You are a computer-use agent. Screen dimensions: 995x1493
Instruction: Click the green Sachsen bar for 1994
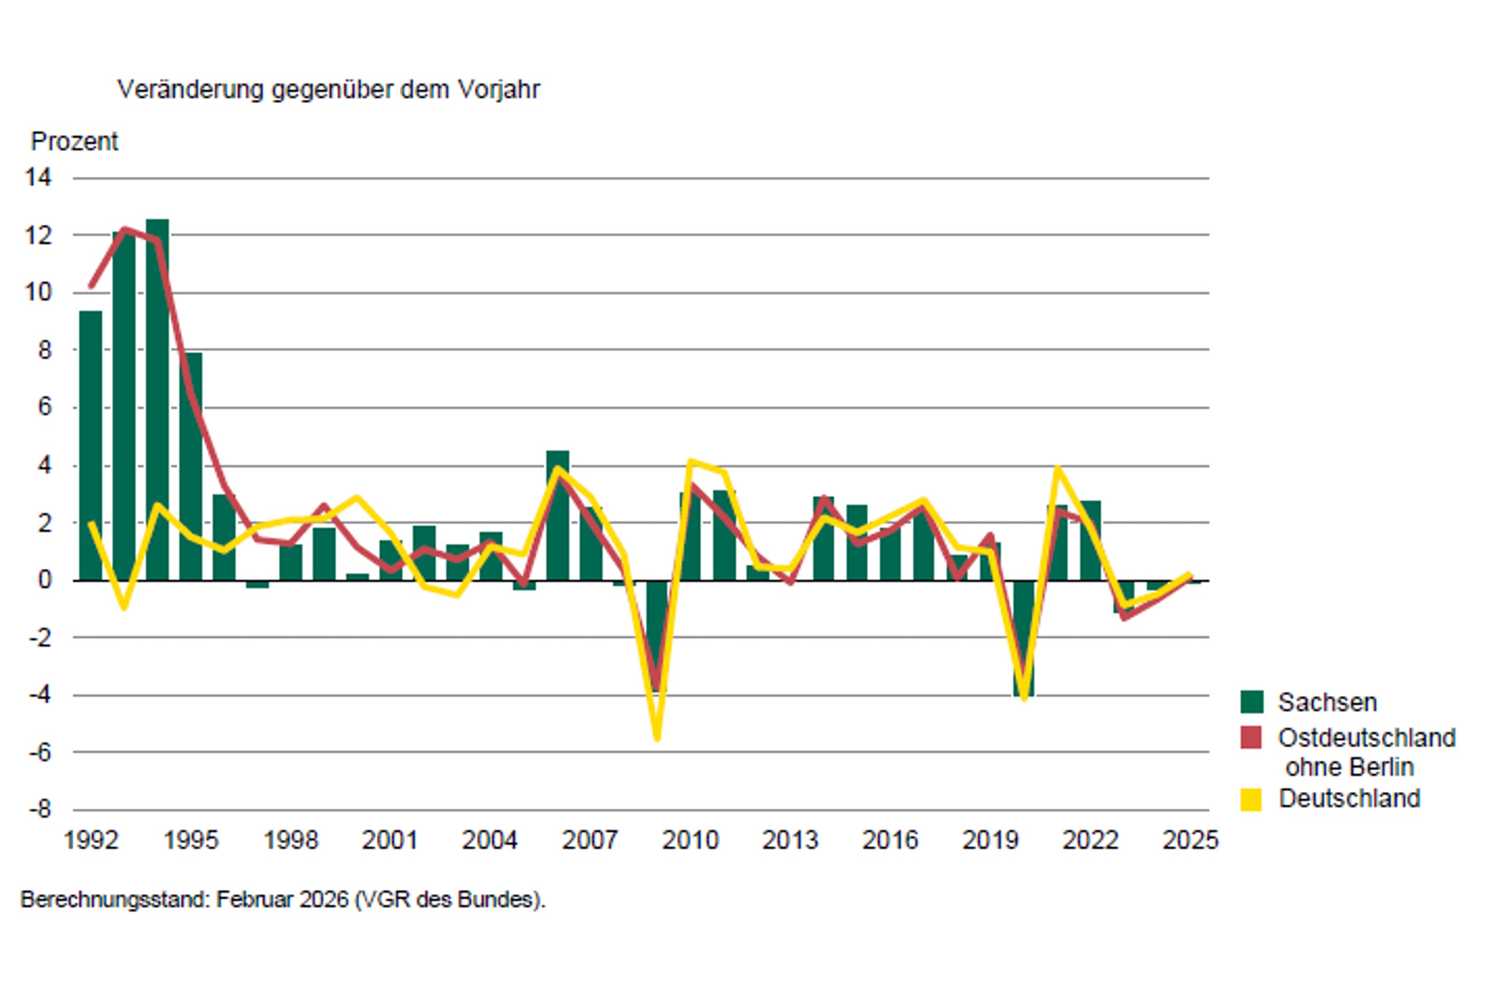click(157, 398)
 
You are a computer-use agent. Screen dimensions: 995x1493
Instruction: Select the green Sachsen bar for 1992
click(91, 444)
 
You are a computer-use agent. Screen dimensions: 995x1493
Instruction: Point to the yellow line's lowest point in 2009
click(657, 738)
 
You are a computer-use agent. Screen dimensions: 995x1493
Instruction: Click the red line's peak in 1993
click(125, 230)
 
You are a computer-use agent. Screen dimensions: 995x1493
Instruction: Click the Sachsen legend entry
click(1327, 702)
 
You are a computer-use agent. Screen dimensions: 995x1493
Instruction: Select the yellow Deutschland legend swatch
click(1251, 799)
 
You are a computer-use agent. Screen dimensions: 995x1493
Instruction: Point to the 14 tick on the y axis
click(38, 177)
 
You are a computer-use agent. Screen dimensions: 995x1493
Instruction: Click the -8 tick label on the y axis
click(39, 809)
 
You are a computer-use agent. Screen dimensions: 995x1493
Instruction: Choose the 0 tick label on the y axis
click(44, 580)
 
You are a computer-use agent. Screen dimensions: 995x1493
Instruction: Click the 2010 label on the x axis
click(690, 840)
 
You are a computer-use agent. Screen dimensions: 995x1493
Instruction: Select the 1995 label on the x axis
click(190, 840)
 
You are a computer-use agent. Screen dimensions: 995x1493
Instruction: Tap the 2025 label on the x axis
click(1190, 840)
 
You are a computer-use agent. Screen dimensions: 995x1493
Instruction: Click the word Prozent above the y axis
click(74, 141)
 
